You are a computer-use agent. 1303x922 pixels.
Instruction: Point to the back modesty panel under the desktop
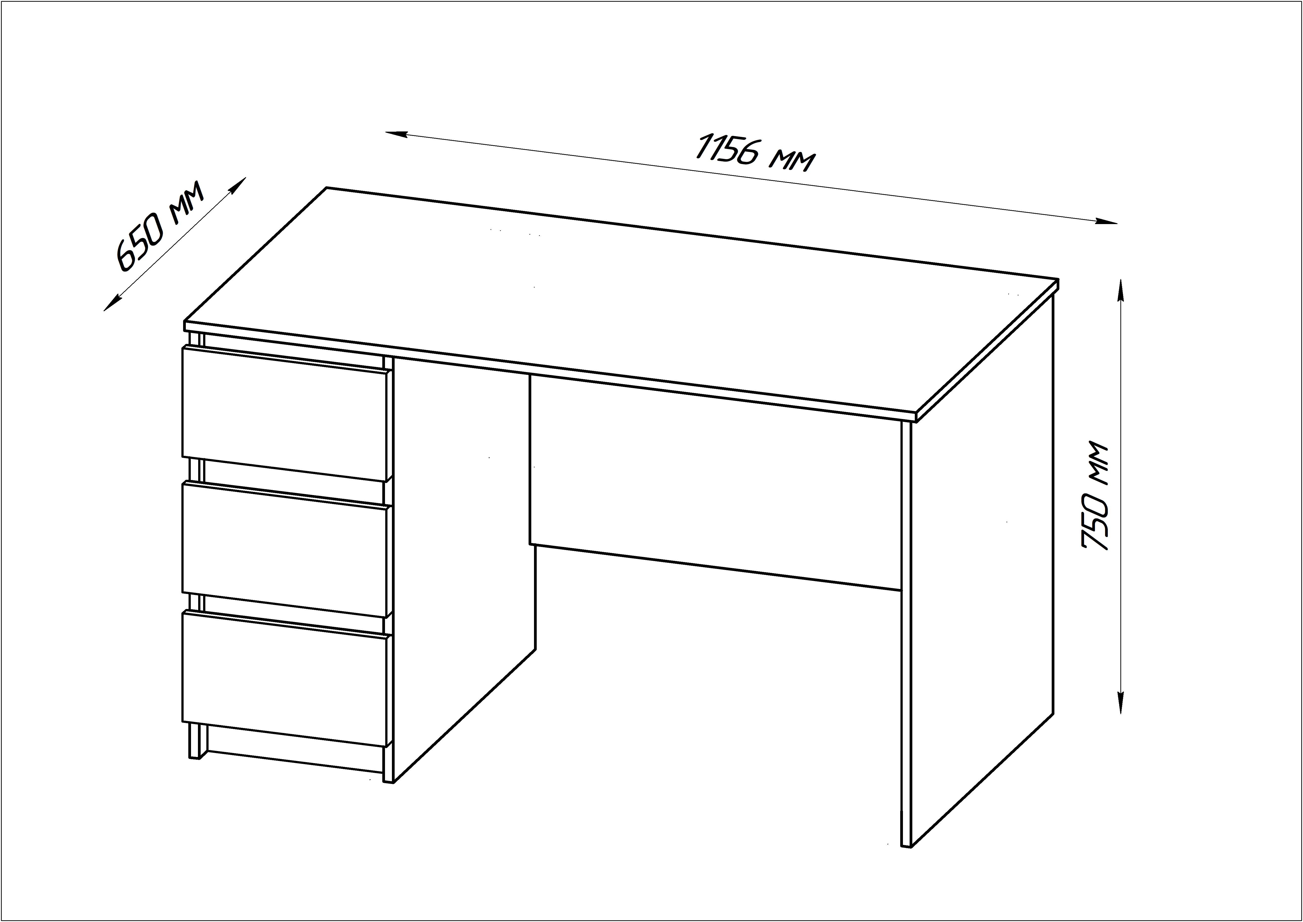[x=715, y=482]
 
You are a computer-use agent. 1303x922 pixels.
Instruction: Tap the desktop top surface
[x=622, y=301]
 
